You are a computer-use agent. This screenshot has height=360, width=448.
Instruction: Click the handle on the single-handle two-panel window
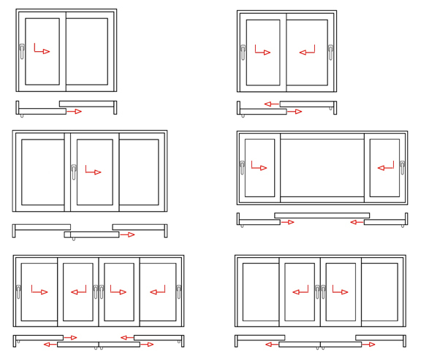22,52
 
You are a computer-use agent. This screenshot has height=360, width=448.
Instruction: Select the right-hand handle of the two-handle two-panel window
330,53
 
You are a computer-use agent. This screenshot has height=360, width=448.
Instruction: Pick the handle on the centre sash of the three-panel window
74,172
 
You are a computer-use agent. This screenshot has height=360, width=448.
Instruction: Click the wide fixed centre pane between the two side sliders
322,168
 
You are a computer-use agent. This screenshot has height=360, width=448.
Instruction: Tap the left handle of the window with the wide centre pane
242,168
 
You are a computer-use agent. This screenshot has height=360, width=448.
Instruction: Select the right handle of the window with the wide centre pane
402,168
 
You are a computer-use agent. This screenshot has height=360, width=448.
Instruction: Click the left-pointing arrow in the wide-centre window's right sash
384,168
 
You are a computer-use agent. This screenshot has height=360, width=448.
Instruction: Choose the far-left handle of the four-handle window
18,292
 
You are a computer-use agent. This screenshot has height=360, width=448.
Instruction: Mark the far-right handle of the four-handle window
178,292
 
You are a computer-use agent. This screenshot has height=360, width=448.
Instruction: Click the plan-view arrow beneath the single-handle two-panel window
74,112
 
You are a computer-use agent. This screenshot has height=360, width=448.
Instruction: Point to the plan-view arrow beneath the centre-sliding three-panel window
127,234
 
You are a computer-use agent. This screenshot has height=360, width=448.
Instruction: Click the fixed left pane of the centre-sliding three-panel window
42,172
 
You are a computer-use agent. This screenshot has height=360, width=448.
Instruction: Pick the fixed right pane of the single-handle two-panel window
87,51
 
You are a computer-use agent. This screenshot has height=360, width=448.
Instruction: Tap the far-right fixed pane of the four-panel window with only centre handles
379,292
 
